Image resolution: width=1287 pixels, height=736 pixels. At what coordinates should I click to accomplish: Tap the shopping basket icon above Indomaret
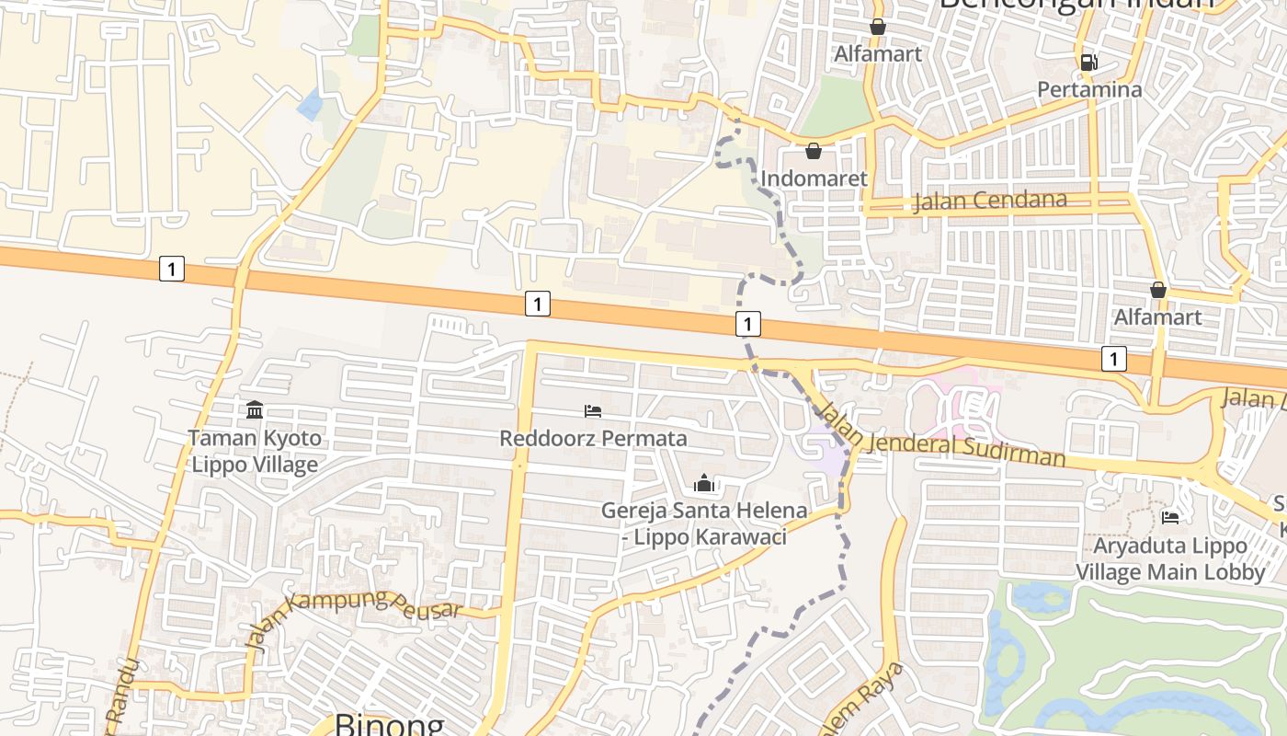click(x=814, y=151)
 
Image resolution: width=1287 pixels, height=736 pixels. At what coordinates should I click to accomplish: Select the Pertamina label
click(x=1089, y=89)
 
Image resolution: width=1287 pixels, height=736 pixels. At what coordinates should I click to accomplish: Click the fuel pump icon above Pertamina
click(x=1088, y=63)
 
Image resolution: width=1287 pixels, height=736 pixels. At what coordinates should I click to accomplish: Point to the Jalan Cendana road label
click(x=990, y=201)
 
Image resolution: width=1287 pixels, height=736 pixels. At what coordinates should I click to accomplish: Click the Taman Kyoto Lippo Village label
click(x=255, y=451)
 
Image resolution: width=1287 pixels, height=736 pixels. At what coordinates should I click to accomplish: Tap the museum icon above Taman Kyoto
click(x=255, y=409)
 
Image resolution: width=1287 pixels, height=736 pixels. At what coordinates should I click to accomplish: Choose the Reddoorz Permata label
click(x=593, y=438)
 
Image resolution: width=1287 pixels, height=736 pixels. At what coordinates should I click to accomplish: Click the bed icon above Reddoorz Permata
click(x=593, y=410)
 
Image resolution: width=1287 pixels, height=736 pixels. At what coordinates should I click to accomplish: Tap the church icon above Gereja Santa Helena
click(x=704, y=483)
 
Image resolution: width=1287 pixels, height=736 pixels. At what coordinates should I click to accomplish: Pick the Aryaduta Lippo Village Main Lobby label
click(x=1170, y=558)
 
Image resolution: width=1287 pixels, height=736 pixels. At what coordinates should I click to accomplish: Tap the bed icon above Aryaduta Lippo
click(x=1170, y=518)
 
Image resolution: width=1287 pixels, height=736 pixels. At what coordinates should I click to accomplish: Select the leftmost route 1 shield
click(x=171, y=270)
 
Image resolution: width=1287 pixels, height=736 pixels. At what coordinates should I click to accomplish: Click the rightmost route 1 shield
click(x=1113, y=359)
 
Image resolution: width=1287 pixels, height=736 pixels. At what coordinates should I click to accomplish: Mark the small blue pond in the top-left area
click(x=310, y=104)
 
